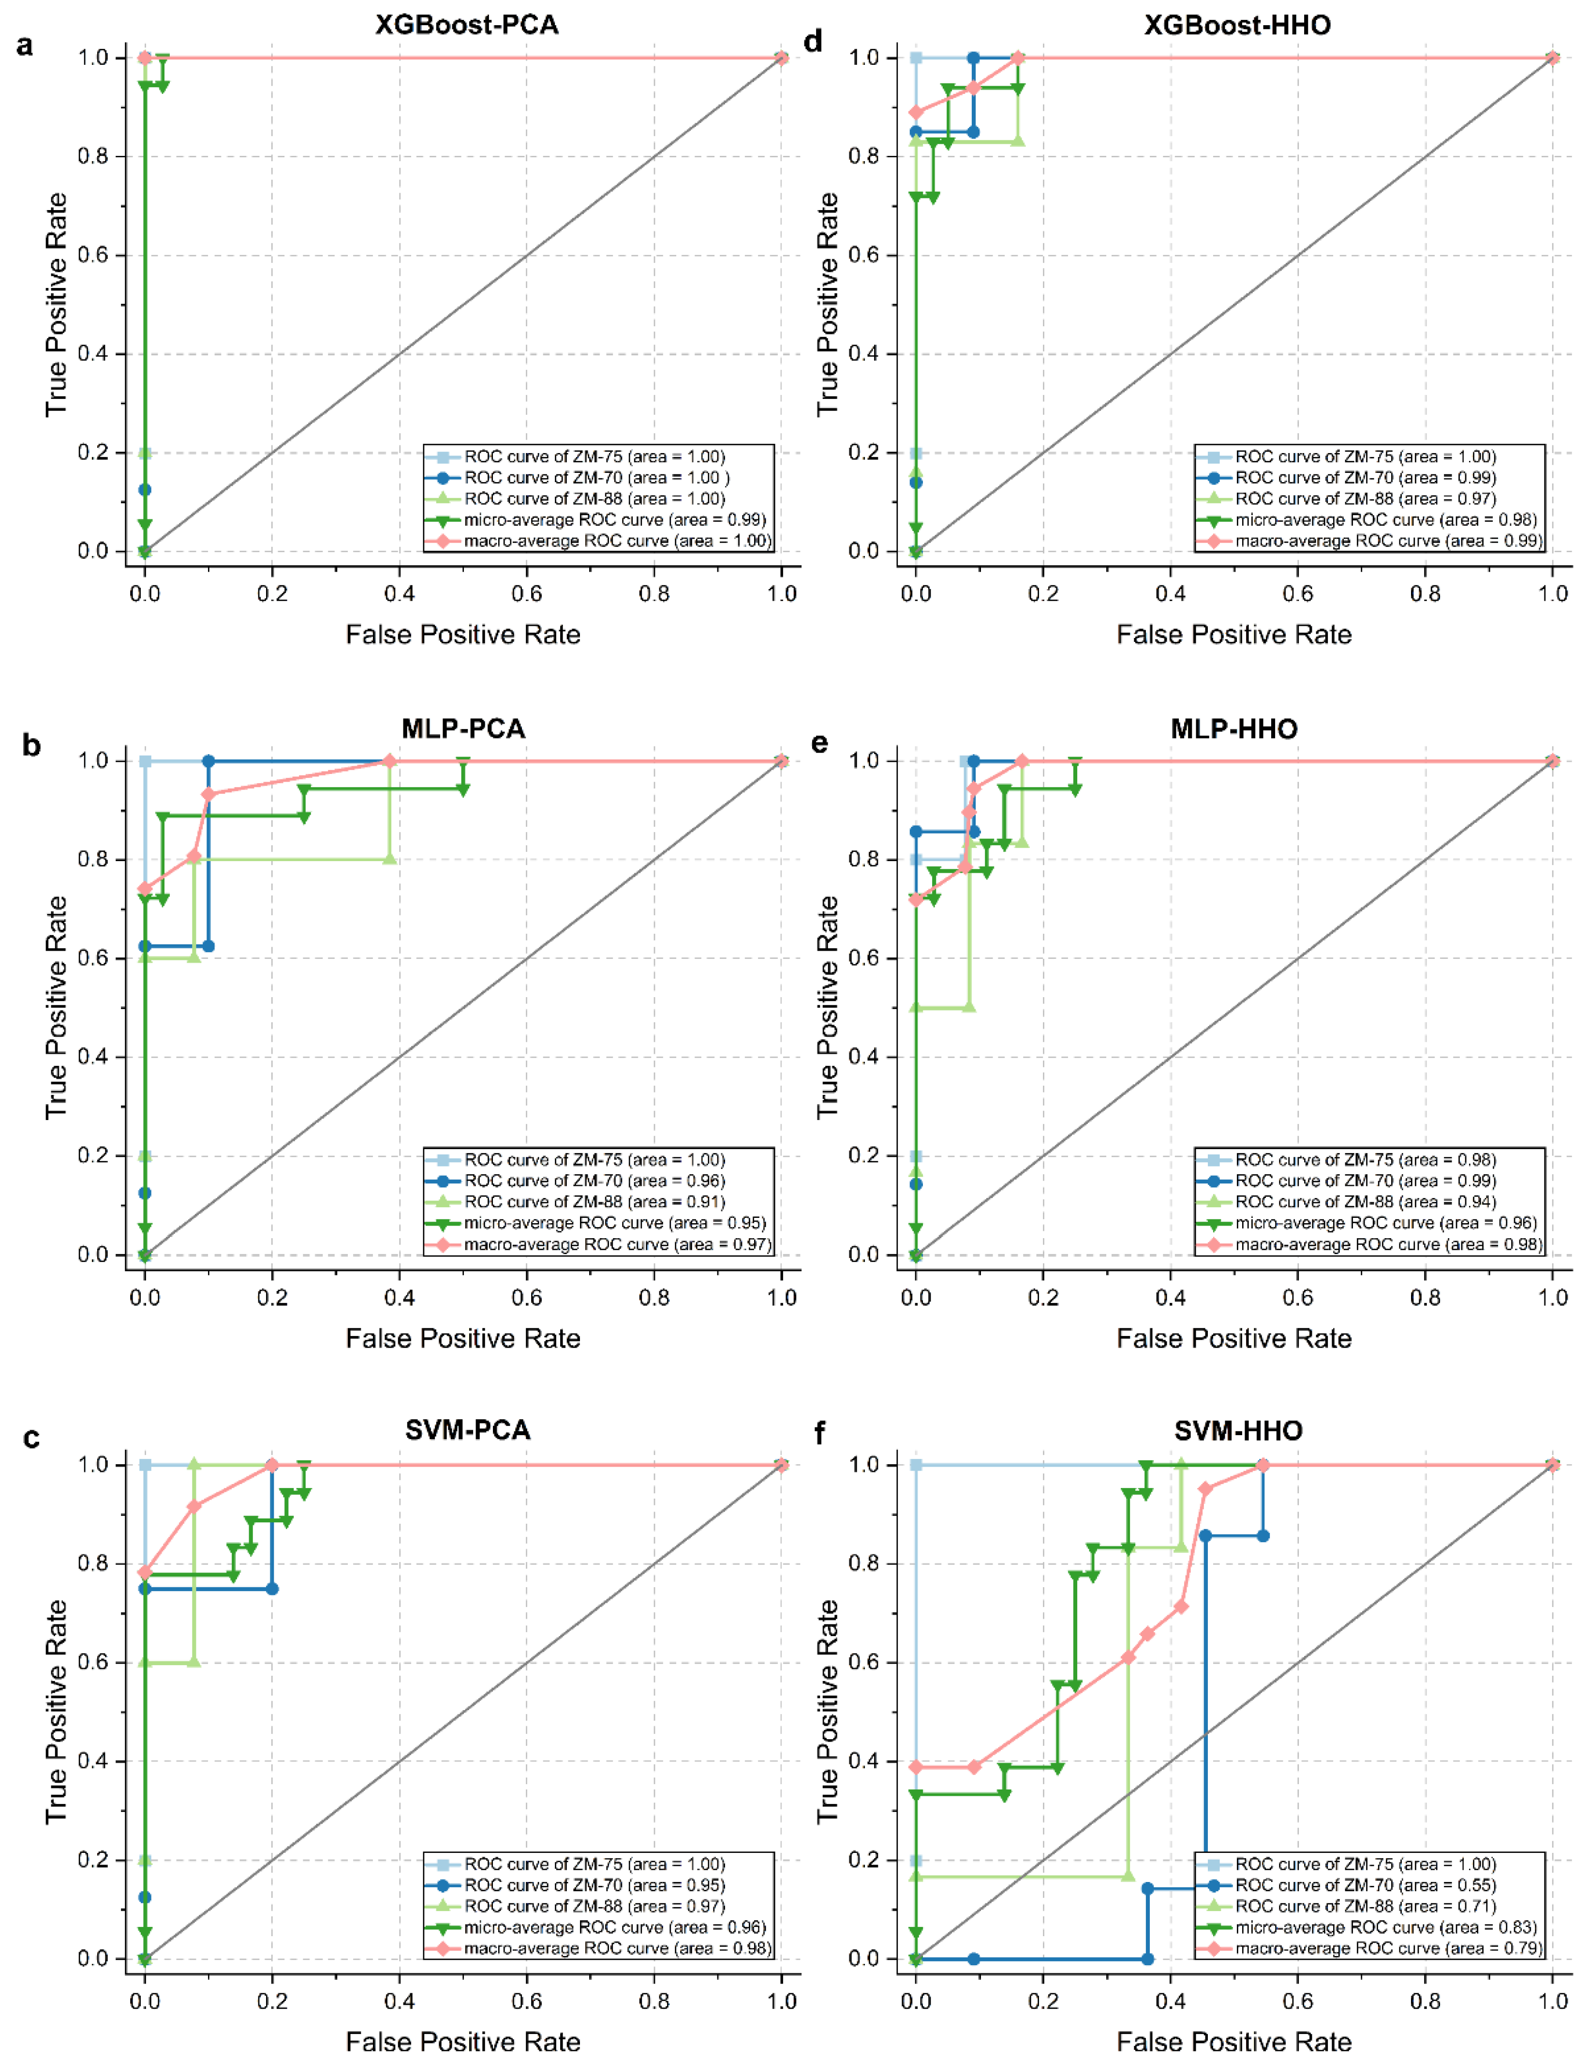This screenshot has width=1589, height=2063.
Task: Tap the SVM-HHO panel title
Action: click(x=1238, y=1431)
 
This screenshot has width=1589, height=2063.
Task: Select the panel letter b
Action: click(x=31, y=746)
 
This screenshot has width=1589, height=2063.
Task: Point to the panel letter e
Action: click(x=819, y=743)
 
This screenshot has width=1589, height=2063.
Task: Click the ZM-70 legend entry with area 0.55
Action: click(x=1365, y=1885)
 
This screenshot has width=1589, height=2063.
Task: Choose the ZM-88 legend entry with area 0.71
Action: click(x=1365, y=1906)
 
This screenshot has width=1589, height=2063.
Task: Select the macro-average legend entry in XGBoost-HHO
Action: click(x=1388, y=541)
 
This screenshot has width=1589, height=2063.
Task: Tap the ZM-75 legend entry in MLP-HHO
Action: click(x=1365, y=1160)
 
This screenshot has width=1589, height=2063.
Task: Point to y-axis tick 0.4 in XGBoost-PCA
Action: click(x=92, y=354)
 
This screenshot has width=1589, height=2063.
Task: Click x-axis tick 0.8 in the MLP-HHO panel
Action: click(x=1425, y=1298)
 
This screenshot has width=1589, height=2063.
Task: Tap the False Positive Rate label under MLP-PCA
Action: click(x=462, y=1338)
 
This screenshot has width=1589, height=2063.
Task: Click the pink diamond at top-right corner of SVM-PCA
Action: click(x=781, y=1465)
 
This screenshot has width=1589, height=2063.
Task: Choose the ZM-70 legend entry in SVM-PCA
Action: click(x=594, y=1885)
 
